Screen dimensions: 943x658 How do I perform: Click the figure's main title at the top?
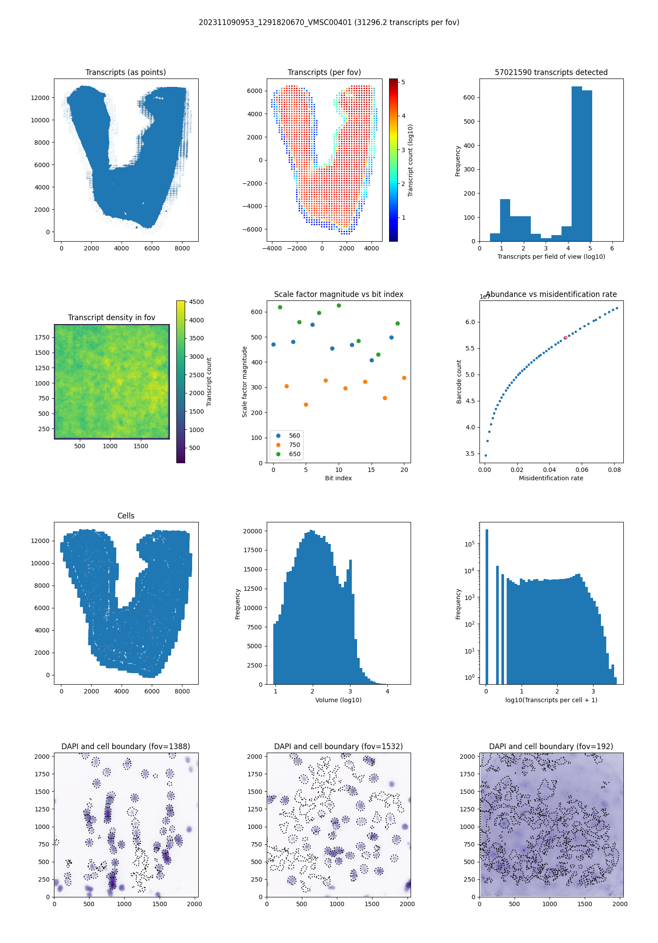coord(329,22)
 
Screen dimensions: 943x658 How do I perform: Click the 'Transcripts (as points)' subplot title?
coord(125,72)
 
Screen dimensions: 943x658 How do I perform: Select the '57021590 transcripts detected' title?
coord(551,72)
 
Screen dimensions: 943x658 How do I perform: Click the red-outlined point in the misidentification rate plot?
coord(565,338)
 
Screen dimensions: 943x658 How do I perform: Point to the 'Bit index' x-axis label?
coord(338,478)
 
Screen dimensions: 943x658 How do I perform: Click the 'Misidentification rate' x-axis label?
coord(551,478)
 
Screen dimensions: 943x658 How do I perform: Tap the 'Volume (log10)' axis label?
coord(338,700)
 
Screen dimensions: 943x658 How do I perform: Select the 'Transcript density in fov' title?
coord(111,318)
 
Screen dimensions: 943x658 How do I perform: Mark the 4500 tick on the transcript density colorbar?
coord(196,302)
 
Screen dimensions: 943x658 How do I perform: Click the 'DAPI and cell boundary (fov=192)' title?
coord(551,747)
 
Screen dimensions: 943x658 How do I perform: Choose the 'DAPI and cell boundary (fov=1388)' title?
coord(125,747)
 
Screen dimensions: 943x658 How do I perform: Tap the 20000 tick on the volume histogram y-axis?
coord(252,531)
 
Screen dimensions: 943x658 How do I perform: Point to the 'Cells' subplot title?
coord(126,516)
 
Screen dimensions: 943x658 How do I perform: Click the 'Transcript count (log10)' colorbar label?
coord(411,160)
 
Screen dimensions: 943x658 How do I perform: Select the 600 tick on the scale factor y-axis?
coord(257,312)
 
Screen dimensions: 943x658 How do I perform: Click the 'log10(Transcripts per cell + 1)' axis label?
coord(551,700)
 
